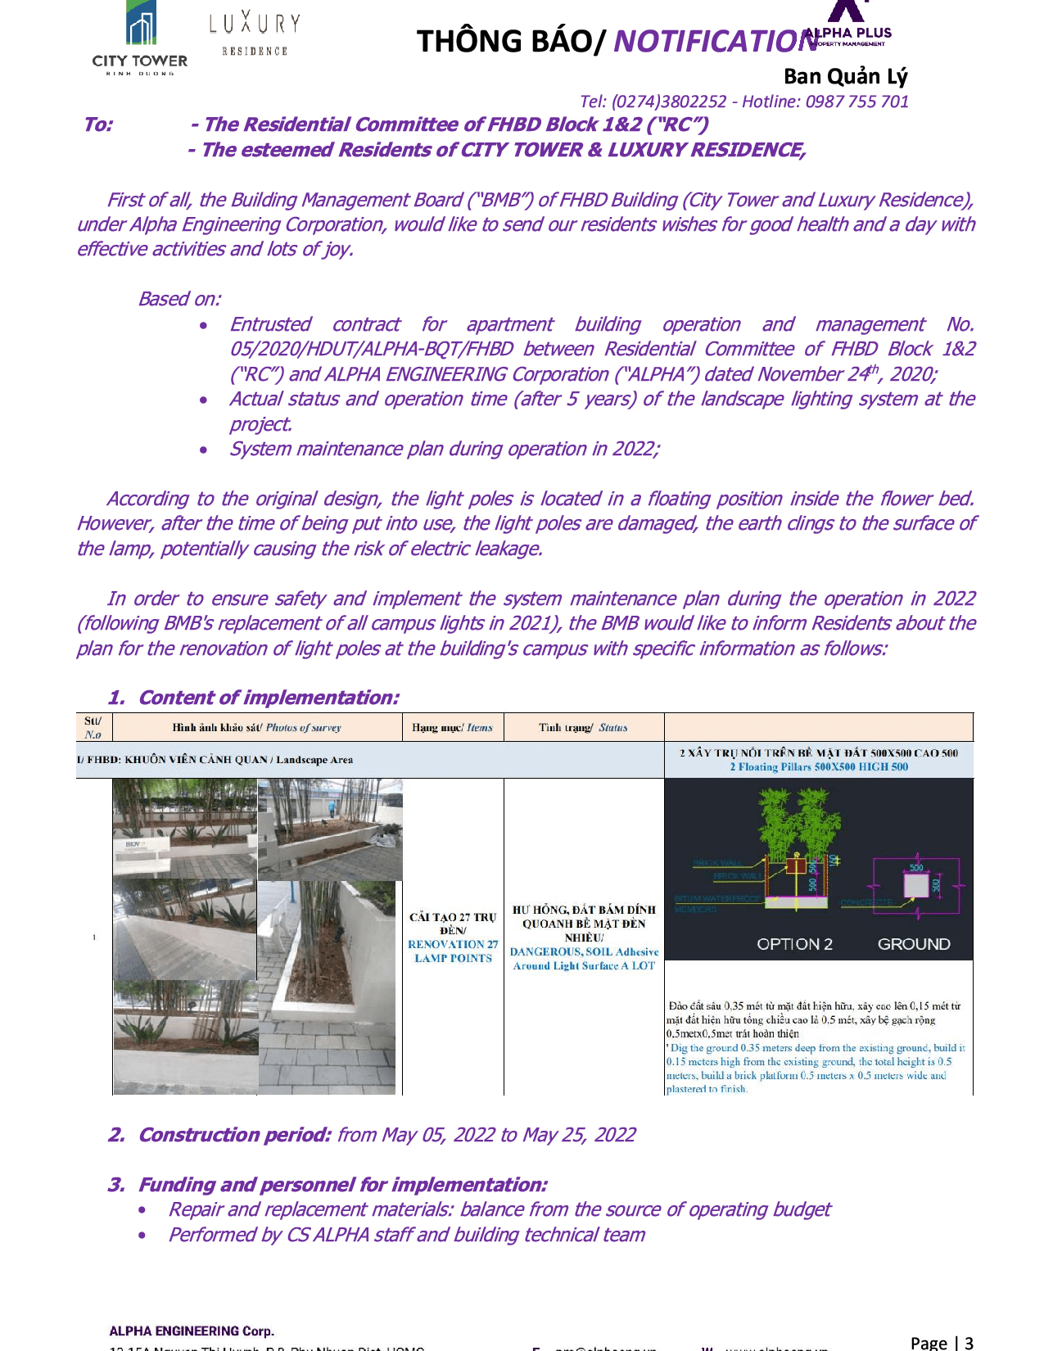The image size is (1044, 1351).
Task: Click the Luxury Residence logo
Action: pyautogui.click(x=255, y=34)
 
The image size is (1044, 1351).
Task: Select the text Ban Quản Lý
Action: pyautogui.click(x=845, y=76)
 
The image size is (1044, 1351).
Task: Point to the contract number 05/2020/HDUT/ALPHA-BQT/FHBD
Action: pyautogui.click(x=371, y=349)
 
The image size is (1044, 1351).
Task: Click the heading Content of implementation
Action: pyautogui.click(x=268, y=698)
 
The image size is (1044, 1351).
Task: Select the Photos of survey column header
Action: pyautogui.click(x=303, y=727)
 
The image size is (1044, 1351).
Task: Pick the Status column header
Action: pyautogui.click(x=612, y=727)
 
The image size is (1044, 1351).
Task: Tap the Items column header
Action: pyautogui.click(x=479, y=727)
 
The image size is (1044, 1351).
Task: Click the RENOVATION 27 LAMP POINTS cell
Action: pyautogui.click(x=453, y=951)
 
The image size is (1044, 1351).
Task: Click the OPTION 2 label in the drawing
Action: pyautogui.click(x=794, y=944)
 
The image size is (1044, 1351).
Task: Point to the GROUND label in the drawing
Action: pyautogui.click(x=914, y=944)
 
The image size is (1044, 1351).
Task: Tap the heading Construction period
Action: pyautogui.click(x=234, y=1135)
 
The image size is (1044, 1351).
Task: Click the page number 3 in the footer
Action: pyautogui.click(x=969, y=1343)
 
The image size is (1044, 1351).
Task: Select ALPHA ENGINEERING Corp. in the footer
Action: pyautogui.click(x=192, y=1331)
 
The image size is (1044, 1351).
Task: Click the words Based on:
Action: pyautogui.click(x=179, y=299)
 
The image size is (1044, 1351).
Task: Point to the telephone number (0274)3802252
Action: pyautogui.click(x=668, y=102)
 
